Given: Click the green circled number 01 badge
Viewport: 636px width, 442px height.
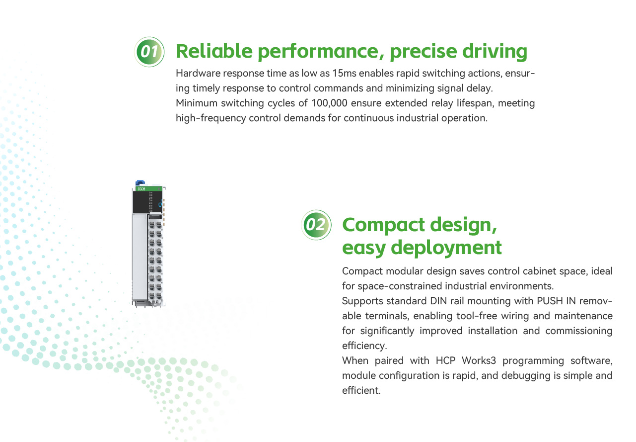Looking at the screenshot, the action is pyautogui.click(x=149, y=52).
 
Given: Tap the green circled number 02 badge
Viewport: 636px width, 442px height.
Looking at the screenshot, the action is pyautogui.click(x=316, y=225).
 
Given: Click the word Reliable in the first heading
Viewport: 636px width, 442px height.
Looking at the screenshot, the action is pyautogui.click(x=214, y=51).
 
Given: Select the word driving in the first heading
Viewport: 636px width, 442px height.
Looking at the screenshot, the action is pyautogui.click(x=495, y=52).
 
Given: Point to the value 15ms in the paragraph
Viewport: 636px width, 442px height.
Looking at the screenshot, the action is pyautogui.click(x=344, y=73).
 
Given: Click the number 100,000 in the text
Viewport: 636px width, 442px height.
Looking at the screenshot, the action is pyautogui.click(x=329, y=103).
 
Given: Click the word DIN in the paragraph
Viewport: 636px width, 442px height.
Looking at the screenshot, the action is pyautogui.click(x=439, y=301).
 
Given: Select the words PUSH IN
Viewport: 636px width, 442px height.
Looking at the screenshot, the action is pyautogui.click(x=556, y=301).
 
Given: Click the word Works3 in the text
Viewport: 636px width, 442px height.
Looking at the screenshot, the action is pyautogui.click(x=479, y=360).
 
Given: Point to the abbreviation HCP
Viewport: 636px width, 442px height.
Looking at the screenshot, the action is pyautogui.click(x=445, y=360).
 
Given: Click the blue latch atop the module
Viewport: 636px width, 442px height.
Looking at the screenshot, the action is pyautogui.click(x=141, y=183).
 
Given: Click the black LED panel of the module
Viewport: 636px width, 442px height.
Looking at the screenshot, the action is pyautogui.click(x=147, y=202).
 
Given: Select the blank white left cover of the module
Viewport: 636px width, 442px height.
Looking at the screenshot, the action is pyautogui.click(x=140, y=257).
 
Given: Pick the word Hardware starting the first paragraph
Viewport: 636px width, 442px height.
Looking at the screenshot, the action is pyautogui.click(x=198, y=73).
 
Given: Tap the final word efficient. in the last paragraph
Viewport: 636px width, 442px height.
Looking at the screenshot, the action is pyautogui.click(x=361, y=390).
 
